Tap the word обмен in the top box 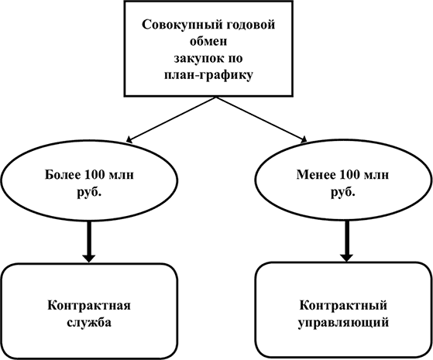coord(209,41)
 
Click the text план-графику coord(208,75)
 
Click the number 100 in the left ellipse coord(95,175)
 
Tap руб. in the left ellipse coord(89,191)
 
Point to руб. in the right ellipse coord(342,191)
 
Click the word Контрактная coord(89,306)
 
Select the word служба coord(89,322)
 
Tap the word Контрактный coord(343,306)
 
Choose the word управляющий coord(343,323)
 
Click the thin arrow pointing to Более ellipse coord(170,119)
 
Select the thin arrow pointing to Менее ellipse coord(262,119)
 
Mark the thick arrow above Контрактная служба coord(89,242)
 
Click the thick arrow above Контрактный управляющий coord(347,241)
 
